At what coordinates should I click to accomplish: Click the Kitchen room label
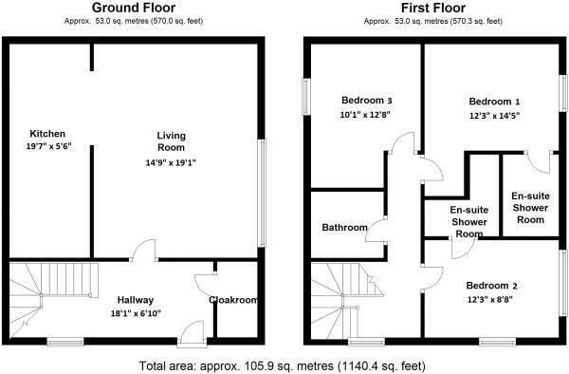[x=46, y=133]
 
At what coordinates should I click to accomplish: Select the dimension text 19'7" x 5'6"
[x=50, y=146]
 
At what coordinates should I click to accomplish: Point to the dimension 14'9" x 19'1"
[x=170, y=162]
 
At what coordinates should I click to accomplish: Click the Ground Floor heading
[x=133, y=8]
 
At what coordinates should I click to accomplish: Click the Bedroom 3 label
[x=365, y=101]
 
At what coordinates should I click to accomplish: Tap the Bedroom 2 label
[x=491, y=287]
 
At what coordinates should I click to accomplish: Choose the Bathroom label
[x=344, y=228]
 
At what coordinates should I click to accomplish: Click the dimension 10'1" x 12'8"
[x=365, y=114]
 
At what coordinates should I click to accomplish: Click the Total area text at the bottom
[x=281, y=365]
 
